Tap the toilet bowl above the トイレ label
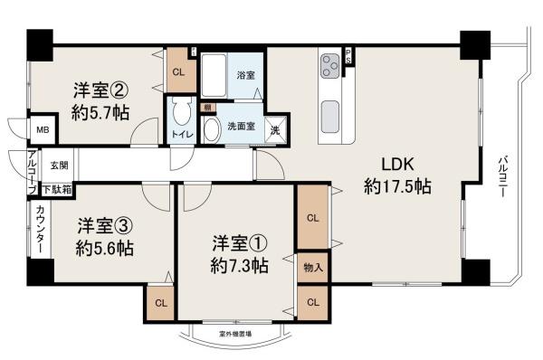179,117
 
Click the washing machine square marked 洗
276,129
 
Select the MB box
42,130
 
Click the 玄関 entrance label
59,165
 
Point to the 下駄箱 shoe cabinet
56,188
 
